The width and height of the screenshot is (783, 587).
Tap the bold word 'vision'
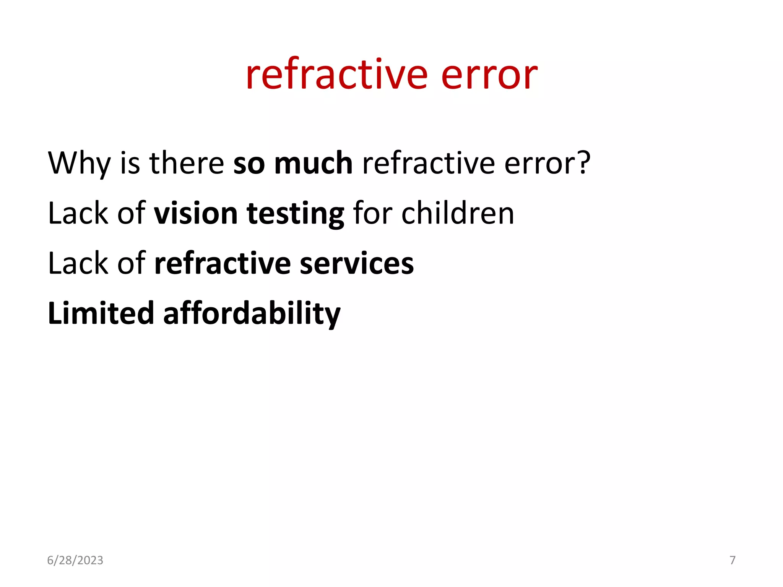click(x=196, y=213)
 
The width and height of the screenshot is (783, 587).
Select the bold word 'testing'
click(x=296, y=214)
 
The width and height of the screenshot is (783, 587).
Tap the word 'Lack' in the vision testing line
click(x=78, y=213)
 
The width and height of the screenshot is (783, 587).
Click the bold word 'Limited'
click(x=101, y=313)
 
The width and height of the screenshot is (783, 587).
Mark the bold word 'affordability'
click(x=252, y=314)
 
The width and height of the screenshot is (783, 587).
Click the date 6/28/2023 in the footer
click(x=75, y=560)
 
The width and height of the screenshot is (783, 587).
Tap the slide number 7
click(x=733, y=560)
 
